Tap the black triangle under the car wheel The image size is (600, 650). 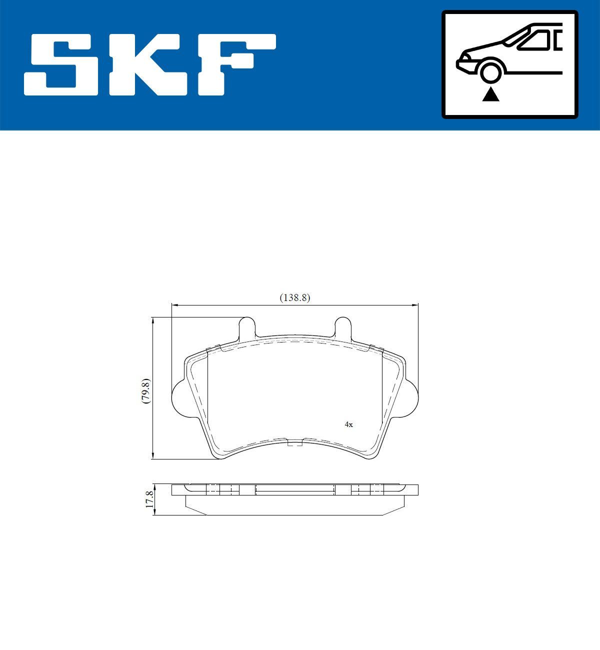click(490, 94)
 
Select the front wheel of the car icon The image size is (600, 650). click(490, 70)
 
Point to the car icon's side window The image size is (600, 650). click(535, 40)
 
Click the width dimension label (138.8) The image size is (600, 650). click(294, 297)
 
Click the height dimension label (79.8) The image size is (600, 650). click(145, 390)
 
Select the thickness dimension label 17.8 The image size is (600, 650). click(148, 499)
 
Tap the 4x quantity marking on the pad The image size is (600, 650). click(348, 424)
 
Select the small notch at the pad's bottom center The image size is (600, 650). click(295, 442)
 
